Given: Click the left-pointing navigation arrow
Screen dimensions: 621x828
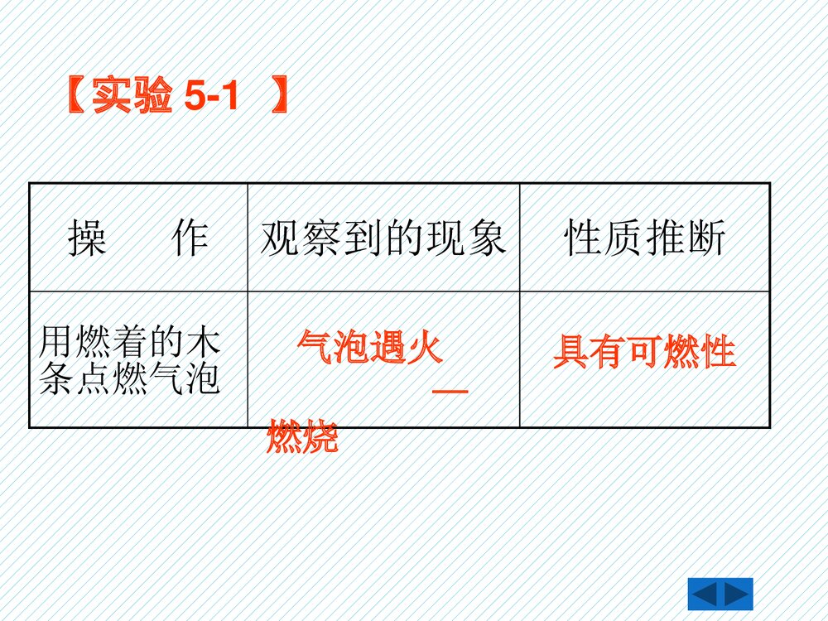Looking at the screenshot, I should (705, 595).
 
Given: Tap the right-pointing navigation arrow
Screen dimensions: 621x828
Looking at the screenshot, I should (736, 595).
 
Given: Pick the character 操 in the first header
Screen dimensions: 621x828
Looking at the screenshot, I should (87, 239).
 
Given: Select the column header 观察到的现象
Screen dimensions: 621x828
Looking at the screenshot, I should (383, 239).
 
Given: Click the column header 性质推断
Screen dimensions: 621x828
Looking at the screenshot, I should (645, 239).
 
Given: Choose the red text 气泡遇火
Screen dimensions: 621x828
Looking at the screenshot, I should (370, 347).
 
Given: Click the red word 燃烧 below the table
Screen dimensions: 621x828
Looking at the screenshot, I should (302, 438).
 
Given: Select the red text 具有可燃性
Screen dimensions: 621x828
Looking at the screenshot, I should (644, 352).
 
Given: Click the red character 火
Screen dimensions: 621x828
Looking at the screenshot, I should (425, 347).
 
